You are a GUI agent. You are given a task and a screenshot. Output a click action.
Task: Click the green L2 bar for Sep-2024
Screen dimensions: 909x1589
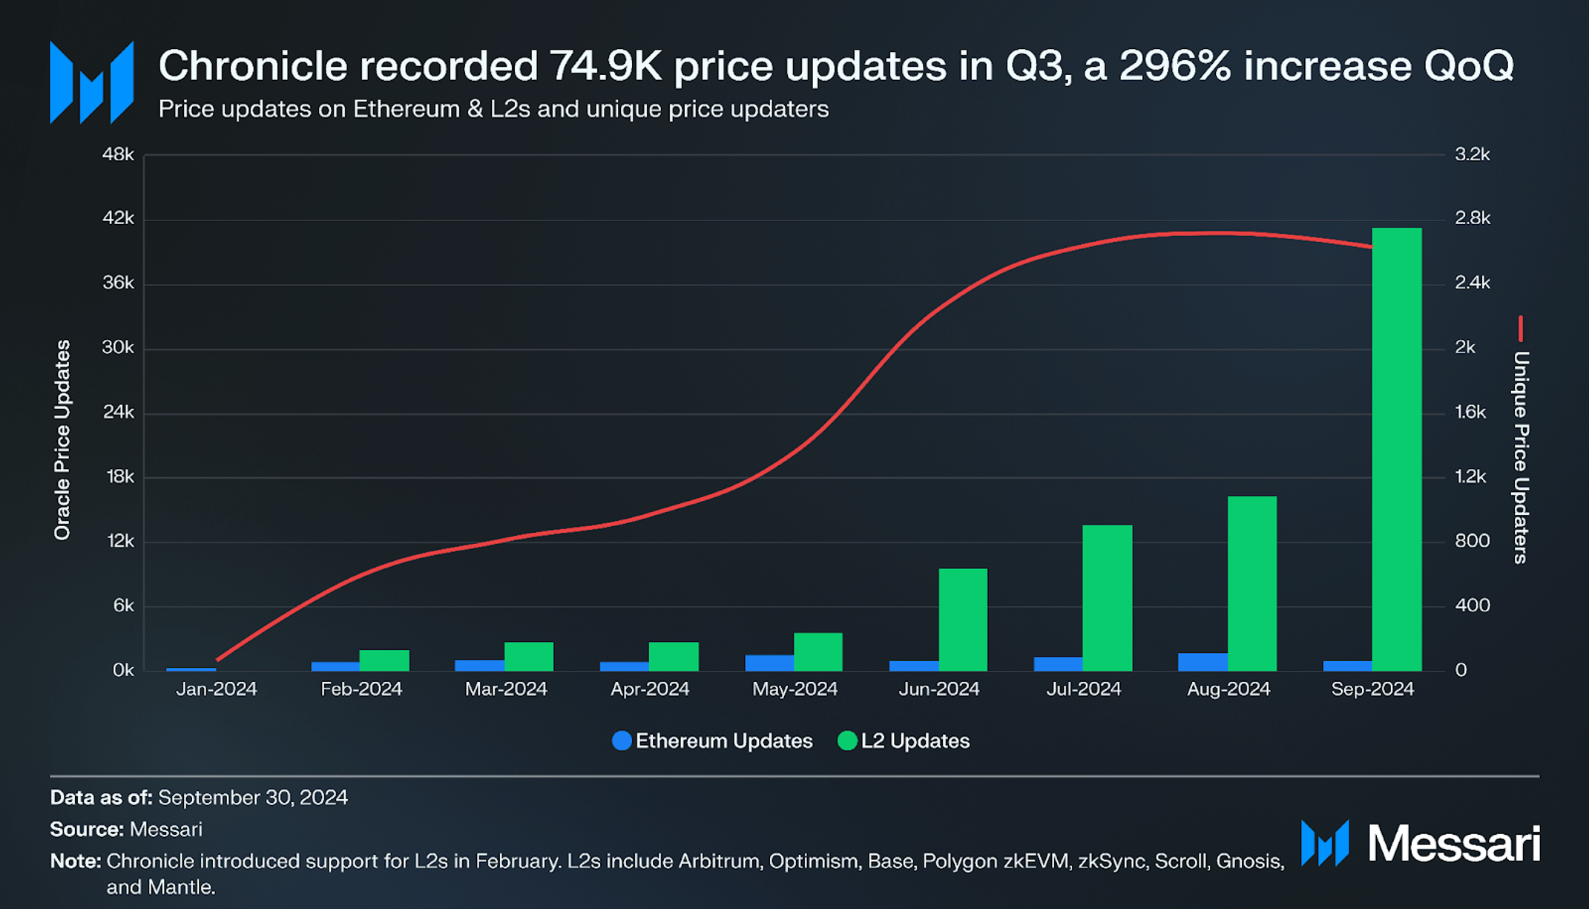1396,449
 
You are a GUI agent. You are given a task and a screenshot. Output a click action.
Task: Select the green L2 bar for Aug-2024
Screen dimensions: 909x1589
1251,583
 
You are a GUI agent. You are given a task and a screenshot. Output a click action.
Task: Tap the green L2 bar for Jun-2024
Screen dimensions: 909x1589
963,620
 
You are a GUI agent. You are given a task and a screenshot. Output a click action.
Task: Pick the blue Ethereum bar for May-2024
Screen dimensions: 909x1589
769,663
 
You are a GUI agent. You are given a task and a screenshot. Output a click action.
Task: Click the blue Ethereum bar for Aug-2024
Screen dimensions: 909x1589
1203,662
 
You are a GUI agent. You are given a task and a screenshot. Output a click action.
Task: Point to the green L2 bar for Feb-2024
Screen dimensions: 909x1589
384,660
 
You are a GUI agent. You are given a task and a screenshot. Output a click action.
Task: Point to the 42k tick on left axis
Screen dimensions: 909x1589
119,218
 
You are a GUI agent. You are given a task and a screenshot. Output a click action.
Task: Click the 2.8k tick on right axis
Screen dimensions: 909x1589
1472,218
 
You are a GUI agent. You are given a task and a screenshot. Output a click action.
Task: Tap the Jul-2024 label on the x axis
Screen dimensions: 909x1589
1083,689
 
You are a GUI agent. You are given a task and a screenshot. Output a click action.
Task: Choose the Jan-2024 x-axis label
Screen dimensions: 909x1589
217,689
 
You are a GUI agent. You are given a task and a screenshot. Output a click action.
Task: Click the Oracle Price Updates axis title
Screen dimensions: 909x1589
62,439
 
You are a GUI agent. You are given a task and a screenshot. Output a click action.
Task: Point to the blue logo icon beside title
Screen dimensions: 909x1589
91,82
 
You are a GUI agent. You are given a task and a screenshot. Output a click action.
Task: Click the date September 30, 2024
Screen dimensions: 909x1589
253,798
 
